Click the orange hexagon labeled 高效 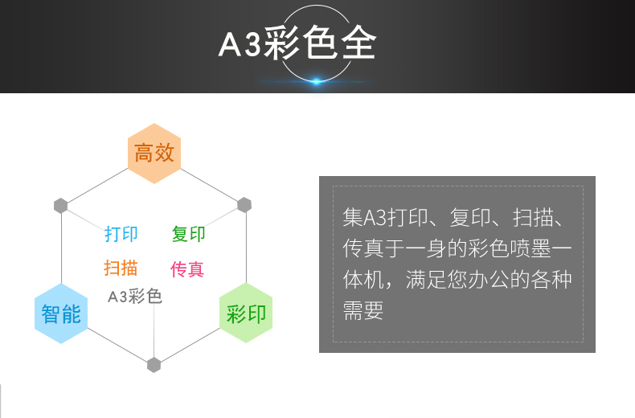point(154,154)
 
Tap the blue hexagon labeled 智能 point(61,313)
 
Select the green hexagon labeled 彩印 point(246,313)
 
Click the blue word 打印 point(121,234)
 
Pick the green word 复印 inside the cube point(188,234)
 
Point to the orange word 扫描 point(121,268)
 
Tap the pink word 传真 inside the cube point(187,269)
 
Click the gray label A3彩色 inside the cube point(135,297)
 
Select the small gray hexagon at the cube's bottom point(154,365)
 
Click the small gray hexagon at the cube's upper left point(61,206)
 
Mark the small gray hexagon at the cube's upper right point(244,205)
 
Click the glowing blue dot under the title point(316,81)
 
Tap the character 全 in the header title point(358,43)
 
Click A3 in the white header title point(240,44)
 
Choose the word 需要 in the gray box point(363,310)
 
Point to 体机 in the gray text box point(363,280)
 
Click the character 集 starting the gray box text point(353,217)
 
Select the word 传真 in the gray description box point(363,248)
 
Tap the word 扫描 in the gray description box point(533,217)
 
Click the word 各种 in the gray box point(551,280)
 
